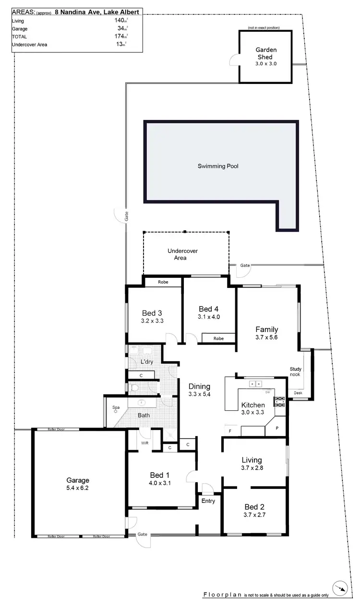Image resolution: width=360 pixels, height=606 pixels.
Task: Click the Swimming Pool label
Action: click(218, 166)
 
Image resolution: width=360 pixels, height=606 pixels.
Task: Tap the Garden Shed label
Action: click(266, 53)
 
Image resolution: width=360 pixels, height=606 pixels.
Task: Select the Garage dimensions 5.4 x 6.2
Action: click(78, 488)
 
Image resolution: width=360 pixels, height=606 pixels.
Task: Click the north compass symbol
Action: click(341, 588)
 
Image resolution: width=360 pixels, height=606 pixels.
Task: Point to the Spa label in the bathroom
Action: click(116, 408)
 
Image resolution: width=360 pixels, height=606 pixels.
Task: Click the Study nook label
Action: click(295, 371)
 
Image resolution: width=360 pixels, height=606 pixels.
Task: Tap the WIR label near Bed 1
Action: click(144, 443)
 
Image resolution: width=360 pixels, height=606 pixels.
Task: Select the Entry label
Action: click(208, 501)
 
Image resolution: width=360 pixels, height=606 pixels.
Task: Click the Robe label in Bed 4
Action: click(218, 338)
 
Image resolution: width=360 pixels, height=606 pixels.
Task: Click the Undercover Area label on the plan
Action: click(182, 254)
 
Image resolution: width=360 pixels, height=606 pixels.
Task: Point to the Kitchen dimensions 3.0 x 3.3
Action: click(253, 412)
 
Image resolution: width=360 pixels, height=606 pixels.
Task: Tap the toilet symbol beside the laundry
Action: click(134, 388)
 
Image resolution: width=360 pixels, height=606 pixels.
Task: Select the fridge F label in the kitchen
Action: click(230, 431)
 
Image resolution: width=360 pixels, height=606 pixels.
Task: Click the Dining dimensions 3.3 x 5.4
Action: click(199, 394)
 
